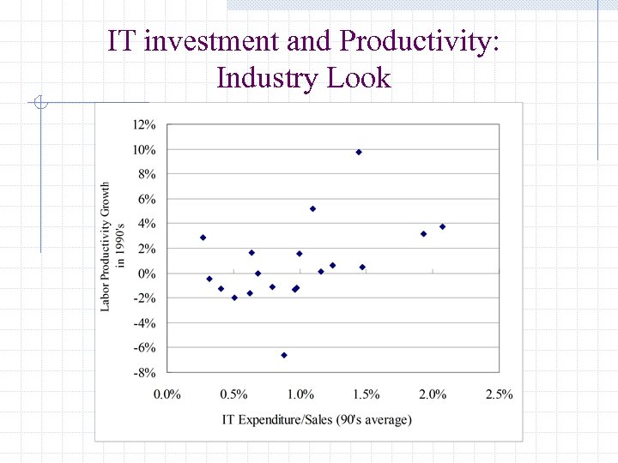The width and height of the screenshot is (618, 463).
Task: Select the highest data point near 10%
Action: coord(359,152)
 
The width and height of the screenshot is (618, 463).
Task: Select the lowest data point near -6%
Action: coord(284,355)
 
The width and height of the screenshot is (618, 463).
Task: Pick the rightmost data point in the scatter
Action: coord(443,226)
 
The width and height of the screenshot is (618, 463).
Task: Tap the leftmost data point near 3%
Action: coord(203,238)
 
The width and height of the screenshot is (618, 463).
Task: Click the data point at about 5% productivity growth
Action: coord(312,208)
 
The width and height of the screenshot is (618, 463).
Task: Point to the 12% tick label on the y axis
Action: coord(143,124)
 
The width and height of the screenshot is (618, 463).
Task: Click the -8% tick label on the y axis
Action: coord(143,373)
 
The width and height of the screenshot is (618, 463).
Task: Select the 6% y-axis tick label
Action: coord(146,199)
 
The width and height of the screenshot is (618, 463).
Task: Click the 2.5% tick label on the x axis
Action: coord(499,394)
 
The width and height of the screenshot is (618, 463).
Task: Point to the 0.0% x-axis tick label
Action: coord(167,394)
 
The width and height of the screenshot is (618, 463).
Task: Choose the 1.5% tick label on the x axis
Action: coord(367,394)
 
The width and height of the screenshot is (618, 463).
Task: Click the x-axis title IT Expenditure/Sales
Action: coord(317,419)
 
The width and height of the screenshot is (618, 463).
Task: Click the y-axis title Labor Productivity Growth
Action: coord(112,246)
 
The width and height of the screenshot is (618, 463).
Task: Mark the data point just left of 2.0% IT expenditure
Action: coord(423,233)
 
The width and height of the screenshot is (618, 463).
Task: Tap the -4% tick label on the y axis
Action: coord(143,323)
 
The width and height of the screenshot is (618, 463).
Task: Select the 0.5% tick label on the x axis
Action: coord(233,394)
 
